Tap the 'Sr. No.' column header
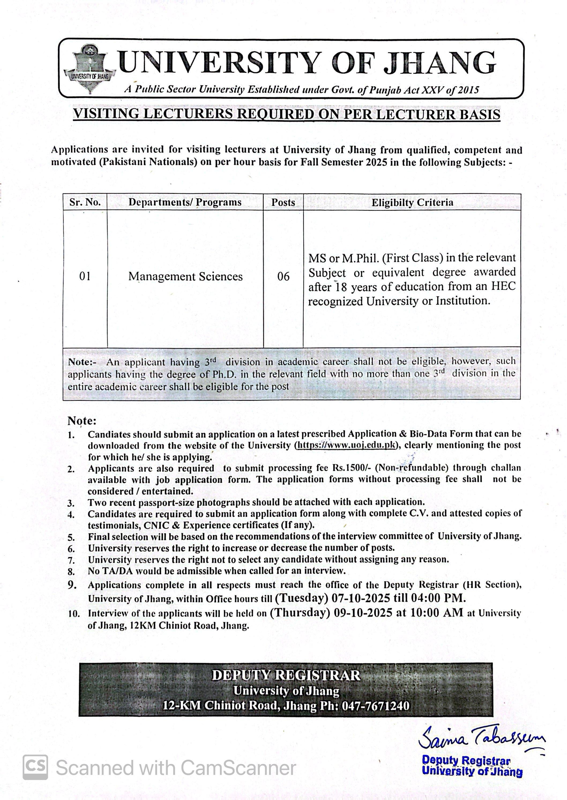(x=85, y=202)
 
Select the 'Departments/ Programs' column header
(x=185, y=202)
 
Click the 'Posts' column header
(x=283, y=202)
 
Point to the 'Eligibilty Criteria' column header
(x=412, y=203)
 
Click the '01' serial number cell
(x=85, y=276)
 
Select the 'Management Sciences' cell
(x=185, y=276)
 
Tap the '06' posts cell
(x=283, y=276)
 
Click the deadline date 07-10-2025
(x=361, y=598)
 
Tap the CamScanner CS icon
(x=35, y=766)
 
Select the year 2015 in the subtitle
(x=468, y=90)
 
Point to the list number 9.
(x=72, y=585)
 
